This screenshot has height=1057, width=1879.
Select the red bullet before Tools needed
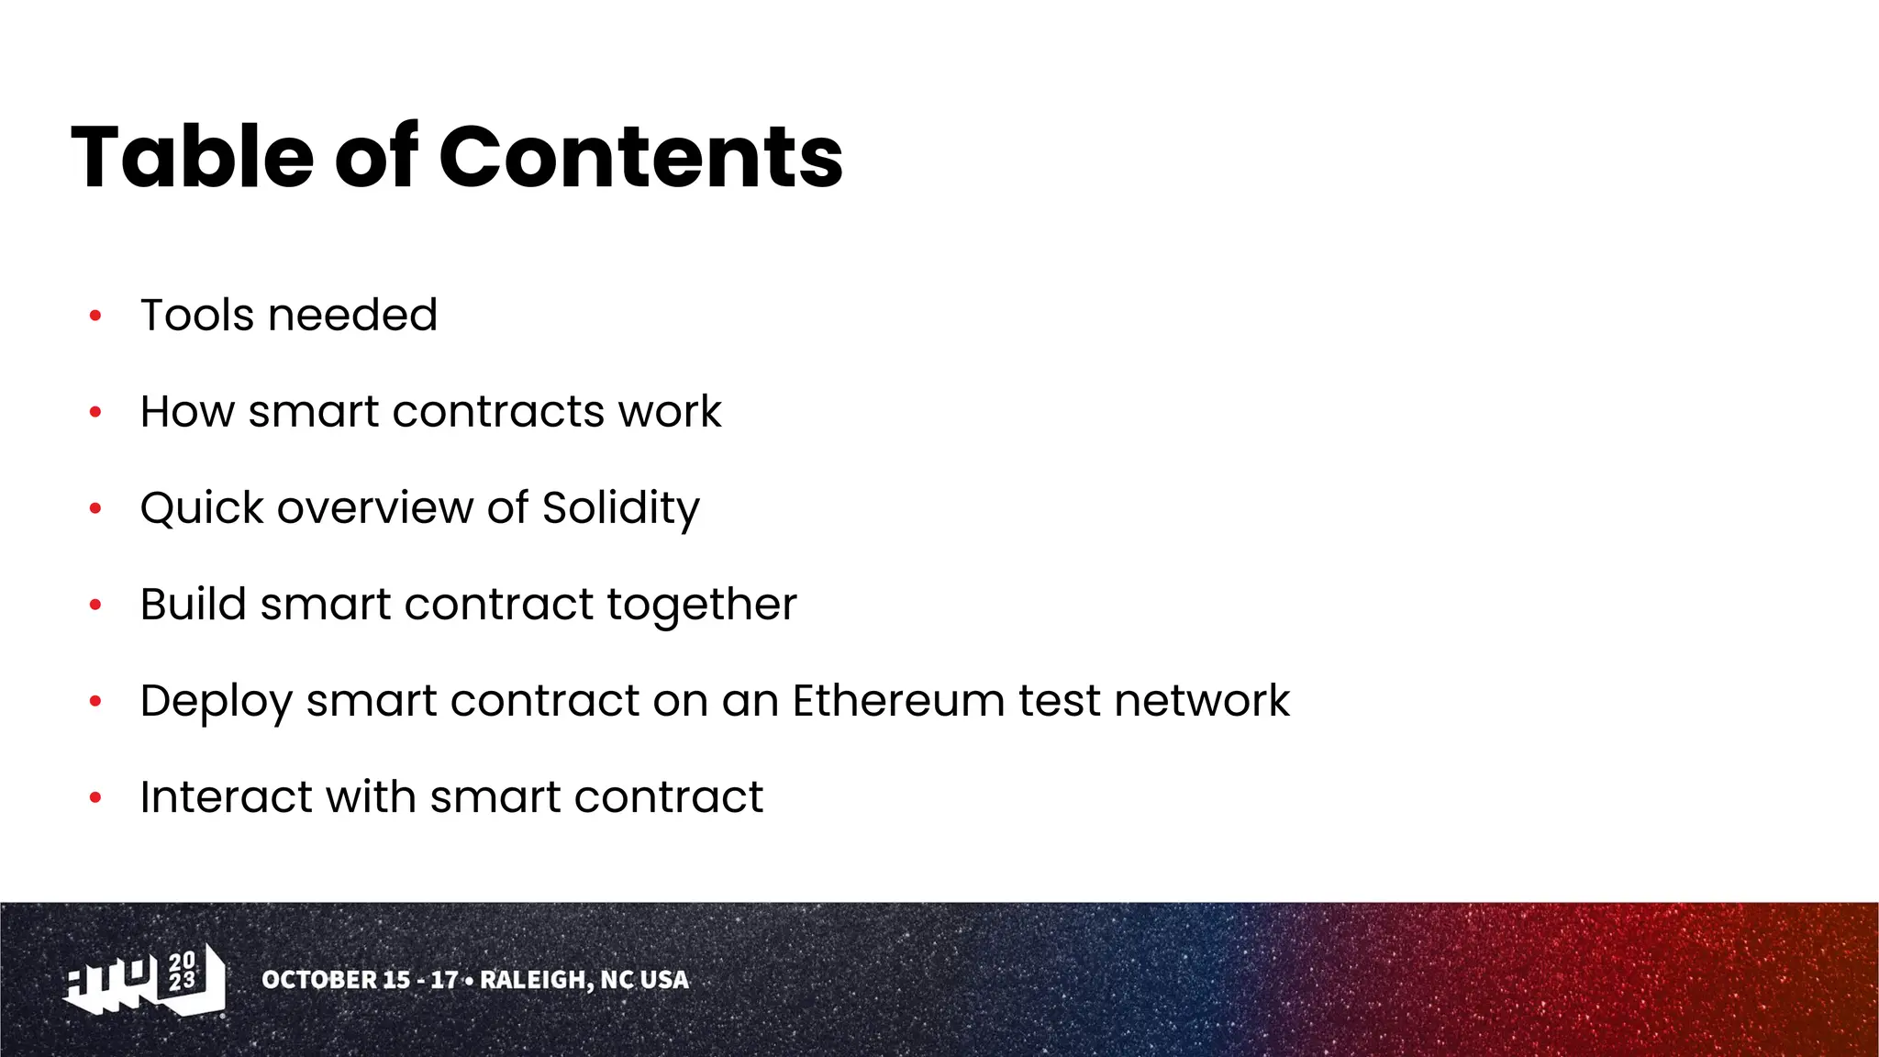pyautogui.click(x=95, y=317)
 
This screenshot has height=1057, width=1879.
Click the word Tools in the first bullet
pyautogui.click(x=197, y=316)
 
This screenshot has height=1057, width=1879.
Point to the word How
pyautogui.click(x=187, y=412)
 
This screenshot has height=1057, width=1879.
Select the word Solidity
pyautogui.click(x=621, y=508)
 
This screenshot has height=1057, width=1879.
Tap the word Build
pyautogui.click(x=194, y=605)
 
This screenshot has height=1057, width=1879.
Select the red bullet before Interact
pyautogui.click(x=95, y=798)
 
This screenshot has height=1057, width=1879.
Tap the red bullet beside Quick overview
pyautogui.click(x=95, y=509)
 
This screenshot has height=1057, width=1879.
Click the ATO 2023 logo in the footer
pyautogui.click(x=145, y=981)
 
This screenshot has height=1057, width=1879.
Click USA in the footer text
pyautogui.click(x=664, y=980)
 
